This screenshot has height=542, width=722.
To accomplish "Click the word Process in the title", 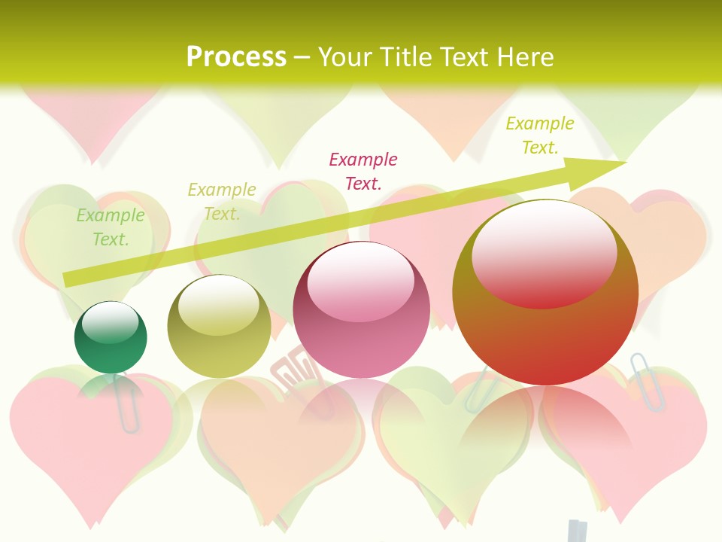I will click(x=236, y=56).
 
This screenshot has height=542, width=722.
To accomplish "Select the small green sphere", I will click(x=111, y=338).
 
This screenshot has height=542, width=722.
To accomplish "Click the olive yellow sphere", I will click(x=219, y=327).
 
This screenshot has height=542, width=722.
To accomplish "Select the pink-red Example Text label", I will click(x=363, y=171).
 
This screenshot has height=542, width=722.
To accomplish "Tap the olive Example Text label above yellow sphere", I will click(x=222, y=201).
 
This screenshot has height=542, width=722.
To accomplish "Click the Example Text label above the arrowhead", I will click(x=540, y=135).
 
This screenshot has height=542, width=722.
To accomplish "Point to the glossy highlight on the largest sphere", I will click(x=544, y=252).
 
